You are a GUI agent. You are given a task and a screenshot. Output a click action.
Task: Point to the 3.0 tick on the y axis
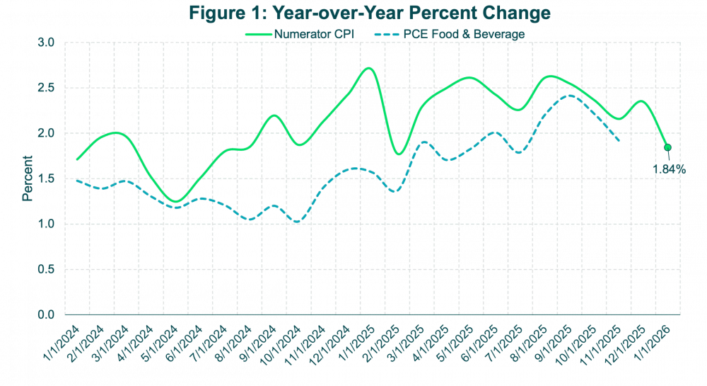coord(47,42)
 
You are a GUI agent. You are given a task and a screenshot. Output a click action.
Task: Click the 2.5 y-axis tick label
coord(47,88)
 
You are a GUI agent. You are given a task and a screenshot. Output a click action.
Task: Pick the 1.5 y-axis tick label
coord(47,178)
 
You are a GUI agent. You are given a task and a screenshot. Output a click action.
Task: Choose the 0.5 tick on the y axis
coord(47,269)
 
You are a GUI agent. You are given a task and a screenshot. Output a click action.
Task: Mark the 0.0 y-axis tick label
coord(47,314)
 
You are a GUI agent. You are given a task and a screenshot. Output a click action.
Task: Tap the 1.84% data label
coord(669,169)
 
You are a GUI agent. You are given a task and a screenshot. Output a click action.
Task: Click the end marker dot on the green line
coord(667,148)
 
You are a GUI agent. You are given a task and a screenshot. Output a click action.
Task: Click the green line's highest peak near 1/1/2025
coord(368,68)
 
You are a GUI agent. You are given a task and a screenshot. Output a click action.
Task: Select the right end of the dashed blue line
coord(620,140)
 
